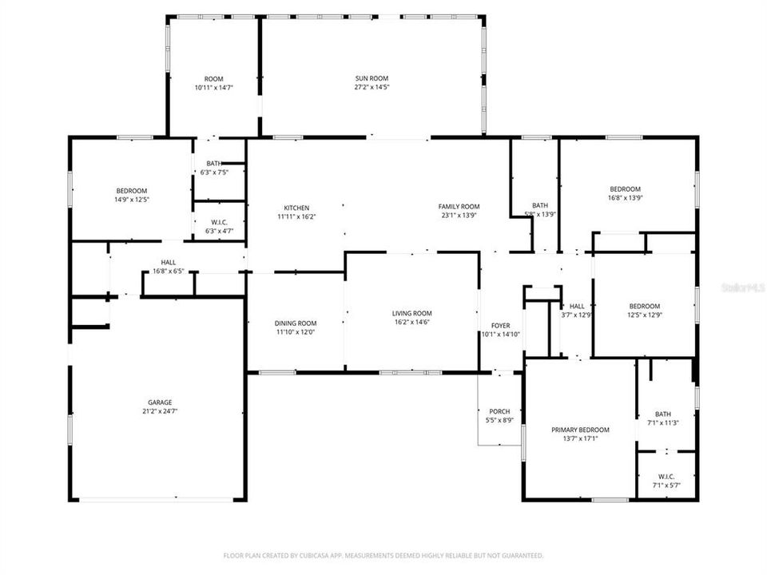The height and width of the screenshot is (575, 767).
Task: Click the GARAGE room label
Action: (x=160, y=402)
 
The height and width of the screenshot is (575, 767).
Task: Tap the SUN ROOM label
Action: (x=372, y=78)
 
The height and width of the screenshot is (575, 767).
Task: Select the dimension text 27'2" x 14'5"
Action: (x=372, y=87)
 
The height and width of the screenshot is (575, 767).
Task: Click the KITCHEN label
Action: (x=296, y=208)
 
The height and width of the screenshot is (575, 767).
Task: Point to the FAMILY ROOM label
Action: (x=459, y=207)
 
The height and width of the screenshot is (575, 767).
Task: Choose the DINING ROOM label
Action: (x=296, y=323)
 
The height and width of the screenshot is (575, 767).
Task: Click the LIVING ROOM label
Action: (x=411, y=313)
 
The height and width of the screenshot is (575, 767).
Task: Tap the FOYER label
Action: (x=500, y=325)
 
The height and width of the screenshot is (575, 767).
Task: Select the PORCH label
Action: (x=500, y=411)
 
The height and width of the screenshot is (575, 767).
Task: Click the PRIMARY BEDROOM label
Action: (x=580, y=430)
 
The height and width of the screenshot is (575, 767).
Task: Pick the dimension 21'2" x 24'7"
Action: (x=160, y=411)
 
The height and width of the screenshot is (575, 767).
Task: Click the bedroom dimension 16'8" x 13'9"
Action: (x=626, y=197)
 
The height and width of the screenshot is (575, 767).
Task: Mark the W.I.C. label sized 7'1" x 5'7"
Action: (x=666, y=476)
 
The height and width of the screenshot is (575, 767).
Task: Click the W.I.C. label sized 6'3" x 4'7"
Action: (x=213, y=223)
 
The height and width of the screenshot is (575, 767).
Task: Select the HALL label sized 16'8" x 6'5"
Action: (x=169, y=262)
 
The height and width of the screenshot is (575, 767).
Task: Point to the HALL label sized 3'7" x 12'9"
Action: (x=577, y=306)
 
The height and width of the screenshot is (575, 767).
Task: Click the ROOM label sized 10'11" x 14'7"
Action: (x=213, y=78)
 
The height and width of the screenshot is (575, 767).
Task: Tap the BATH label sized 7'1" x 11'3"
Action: (x=663, y=414)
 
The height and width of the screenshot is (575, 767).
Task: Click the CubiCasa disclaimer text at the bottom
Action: (x=383, y=555)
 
